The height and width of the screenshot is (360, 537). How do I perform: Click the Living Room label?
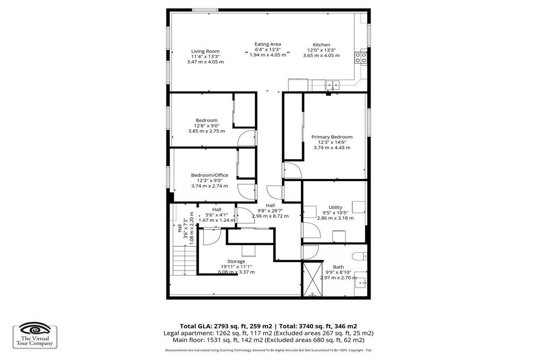pos(205,51)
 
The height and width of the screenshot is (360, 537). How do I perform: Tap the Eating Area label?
pos(268,44)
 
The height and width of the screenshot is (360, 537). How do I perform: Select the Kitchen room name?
pos(321,45)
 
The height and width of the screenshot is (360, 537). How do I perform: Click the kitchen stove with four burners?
pos(361,58)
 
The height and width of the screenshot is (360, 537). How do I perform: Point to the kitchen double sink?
pos(332,85)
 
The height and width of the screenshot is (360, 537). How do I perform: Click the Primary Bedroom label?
pos(332,137)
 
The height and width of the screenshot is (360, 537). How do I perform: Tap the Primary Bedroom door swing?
pos(293,170)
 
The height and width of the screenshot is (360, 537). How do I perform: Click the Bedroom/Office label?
pos(209,175)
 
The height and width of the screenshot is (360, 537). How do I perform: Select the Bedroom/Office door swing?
pos(246,192)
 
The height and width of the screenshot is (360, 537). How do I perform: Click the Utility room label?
pos(335,208)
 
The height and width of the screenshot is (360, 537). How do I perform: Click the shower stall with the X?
pos(313,280)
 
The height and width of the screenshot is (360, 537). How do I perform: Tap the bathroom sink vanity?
pos(361,284)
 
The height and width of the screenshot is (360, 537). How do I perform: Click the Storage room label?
pos(236,261)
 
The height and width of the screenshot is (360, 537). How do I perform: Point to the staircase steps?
pos(184,261)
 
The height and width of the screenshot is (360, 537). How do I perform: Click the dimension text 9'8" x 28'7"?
pos(270,211)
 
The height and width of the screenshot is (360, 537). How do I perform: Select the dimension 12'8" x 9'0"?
pos(207,126)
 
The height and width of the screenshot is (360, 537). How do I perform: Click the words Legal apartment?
pos(189,333)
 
